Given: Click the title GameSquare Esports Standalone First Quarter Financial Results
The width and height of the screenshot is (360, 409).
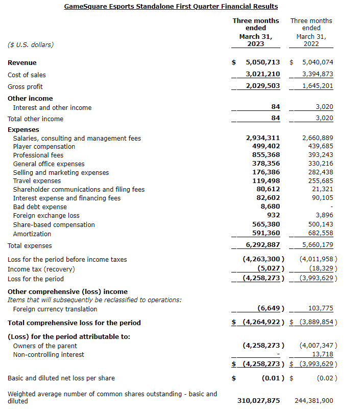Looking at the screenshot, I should tap(171, 7).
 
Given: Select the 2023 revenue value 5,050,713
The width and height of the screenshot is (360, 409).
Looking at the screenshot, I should tap(262, 62).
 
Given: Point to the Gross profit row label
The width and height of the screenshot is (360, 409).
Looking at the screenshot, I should tap(25, 87).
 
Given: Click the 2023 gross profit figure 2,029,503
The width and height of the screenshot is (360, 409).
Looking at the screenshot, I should tap(262, 86).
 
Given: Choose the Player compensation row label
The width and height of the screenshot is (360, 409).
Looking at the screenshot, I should tap(44, 147).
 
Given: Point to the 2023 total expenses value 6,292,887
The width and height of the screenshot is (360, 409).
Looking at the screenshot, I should tap(262, 245).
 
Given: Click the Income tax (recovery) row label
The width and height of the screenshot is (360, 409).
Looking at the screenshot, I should tap(41, 269).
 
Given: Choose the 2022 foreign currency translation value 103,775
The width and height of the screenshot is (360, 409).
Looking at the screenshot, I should tap(321, 309).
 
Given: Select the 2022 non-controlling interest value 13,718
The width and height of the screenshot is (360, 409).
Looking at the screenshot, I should tap(323, 354).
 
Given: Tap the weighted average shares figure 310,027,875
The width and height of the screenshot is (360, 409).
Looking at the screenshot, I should tap(258, 401).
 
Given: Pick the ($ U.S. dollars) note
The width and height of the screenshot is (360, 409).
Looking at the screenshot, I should tap(31, 45).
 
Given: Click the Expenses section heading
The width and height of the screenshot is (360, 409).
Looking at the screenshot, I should tap(23, 130).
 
